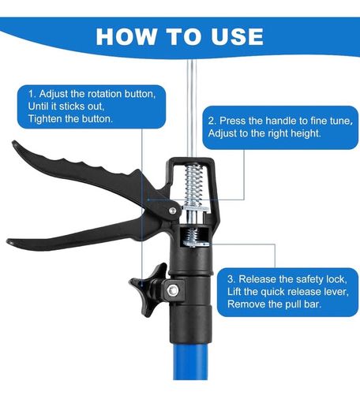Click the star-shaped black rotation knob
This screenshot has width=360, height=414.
click(x=148, y=289)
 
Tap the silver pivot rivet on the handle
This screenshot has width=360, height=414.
click(x=173, y=211)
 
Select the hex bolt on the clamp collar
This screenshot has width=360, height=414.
click(x=173, y=290)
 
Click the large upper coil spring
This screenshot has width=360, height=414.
click(x=193, y=185)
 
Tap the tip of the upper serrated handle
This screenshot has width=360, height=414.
click(x=14, y=143)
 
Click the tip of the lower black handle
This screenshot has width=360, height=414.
click(x=9, y=241)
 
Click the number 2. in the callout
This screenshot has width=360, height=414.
click(x=212, y=121)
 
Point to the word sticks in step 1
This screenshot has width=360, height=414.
click(x=72, y=106)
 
